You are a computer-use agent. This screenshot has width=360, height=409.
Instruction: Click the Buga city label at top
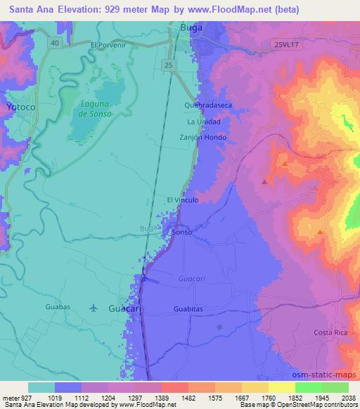(191, 27)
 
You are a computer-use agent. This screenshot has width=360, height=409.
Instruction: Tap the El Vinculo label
(183, 200)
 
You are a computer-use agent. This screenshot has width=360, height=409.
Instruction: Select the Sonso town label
(182, 231)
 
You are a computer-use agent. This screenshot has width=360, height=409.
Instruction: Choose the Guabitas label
(188, 309)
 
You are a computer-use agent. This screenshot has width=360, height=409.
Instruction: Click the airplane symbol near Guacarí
(94, 308)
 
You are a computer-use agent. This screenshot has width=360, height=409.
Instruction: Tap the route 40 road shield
(54, 43)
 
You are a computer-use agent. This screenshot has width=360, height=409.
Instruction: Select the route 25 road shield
(167, 65)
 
